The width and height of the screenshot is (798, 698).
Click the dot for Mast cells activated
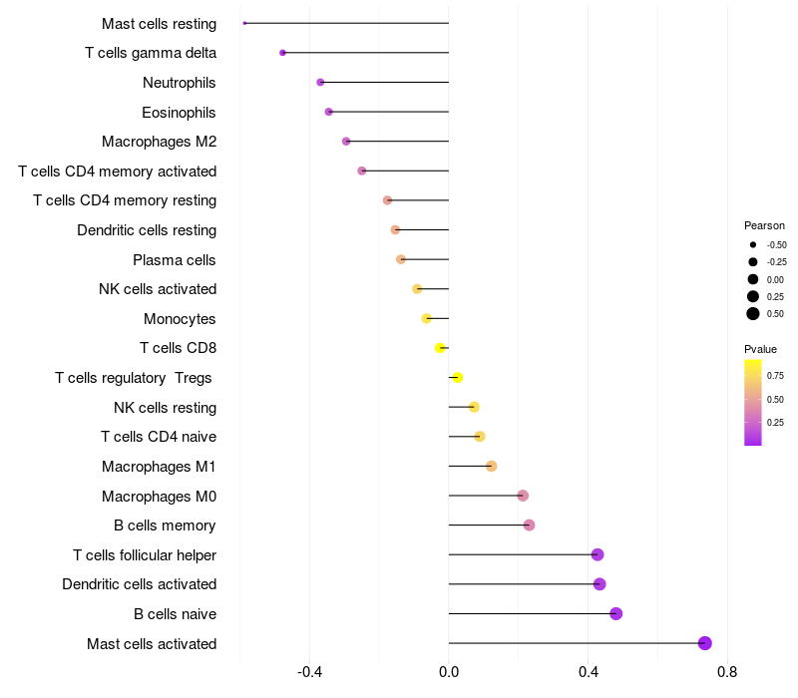click(x=704, y=643)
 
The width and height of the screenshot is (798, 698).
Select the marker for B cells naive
click(x=615, y=613)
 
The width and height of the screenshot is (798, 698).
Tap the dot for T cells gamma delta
click(x=282, y=53)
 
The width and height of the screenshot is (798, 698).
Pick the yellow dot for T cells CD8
click(x=440, y=348)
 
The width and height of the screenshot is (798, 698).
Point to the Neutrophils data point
click(x=320, y=82)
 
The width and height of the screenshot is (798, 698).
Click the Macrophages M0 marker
click(x=523, y=496)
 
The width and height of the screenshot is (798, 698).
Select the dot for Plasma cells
click(x=401, y=259)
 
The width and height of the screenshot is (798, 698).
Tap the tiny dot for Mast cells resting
click(x=244, y=23)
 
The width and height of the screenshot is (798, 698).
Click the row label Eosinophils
click(x=179, y=113)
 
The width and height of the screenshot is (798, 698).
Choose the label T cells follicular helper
click(x=145, y=555)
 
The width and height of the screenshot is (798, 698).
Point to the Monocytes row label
click(x=180, y=319)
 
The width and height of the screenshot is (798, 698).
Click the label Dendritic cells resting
click(x=147, y=230)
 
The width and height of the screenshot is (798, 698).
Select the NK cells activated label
click(x=158, y=289)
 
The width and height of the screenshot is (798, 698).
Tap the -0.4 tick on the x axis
click(x=309, y=672)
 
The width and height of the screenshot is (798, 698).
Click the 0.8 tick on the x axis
click(x=727, y=672)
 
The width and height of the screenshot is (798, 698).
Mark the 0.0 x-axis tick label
click(x=449, y=672)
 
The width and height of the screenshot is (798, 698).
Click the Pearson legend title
click(x=764, y=225)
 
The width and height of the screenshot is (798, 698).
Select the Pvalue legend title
click(x=760, y=349)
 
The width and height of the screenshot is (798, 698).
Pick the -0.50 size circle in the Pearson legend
click(x=753, y=244)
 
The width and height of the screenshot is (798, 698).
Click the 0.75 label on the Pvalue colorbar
click(x=775, y=376)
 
